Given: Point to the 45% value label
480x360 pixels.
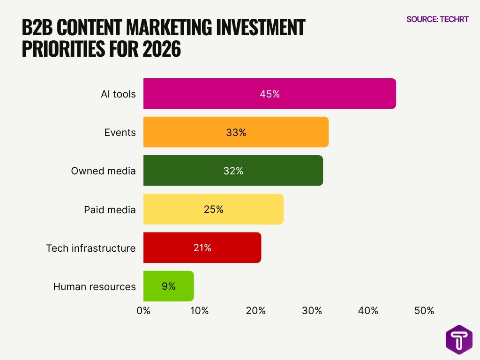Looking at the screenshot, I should pyautogui.click(x=270, y=94).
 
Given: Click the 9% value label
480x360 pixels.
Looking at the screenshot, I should pyautogui.click(x=168, y=286).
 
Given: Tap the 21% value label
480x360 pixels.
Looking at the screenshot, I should pyautogui.click(x=202, y=247).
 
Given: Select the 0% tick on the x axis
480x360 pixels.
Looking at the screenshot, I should pyautogui.click(x=143, y=310).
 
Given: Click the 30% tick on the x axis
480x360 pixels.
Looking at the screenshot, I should pyautogui.click(x=312, y=310).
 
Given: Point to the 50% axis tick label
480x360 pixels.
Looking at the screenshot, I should pyautogui.click(x=424, y=310).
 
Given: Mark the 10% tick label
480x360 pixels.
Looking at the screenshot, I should pyautogui.click(x=200, y=310).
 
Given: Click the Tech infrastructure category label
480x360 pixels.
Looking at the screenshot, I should pyautogui.click(x=91, y=248).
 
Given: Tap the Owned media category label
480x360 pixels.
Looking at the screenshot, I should pyautogui.click(x=103, y=171).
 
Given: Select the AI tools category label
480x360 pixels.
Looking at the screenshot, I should pyautogui.click(x=118, y=94).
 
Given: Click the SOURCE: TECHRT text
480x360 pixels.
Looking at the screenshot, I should pyautogui.click(x=437, y=19).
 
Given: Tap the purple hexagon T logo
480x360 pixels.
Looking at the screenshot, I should pyautogui.click(x=459, y=340).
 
